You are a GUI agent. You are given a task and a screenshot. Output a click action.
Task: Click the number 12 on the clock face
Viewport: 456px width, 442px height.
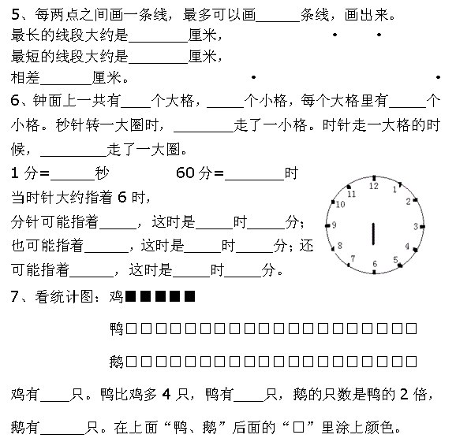[374, 186]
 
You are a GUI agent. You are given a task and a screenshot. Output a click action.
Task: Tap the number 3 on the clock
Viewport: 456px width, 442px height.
[416, 227]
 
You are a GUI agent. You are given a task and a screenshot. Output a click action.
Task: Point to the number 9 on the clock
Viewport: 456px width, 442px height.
[334, 225]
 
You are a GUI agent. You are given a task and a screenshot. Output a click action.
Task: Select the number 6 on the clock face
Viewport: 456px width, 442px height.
[375, 264]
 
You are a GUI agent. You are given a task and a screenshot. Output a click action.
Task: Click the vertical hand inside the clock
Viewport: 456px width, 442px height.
[374, 234]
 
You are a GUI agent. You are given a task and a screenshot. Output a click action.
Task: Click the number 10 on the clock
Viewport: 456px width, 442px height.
[340, 204]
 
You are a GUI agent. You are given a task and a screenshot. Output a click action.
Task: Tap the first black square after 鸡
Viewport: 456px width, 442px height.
[131, 296]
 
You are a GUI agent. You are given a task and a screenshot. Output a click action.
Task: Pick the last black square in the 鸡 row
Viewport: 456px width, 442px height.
[189, 296]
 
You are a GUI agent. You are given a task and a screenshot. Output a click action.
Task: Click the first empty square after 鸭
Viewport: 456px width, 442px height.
[131, 329]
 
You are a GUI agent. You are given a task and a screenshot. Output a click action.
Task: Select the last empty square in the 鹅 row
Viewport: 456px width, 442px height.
[411, 362]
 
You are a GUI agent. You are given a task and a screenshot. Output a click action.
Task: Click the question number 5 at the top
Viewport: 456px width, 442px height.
[15, 14]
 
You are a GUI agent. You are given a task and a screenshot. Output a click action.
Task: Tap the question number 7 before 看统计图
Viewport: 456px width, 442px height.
[15, 296]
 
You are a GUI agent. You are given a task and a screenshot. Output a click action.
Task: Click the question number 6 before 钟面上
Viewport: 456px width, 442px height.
[15, 100]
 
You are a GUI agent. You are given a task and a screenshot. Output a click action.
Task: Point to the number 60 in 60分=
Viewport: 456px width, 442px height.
[185, 173]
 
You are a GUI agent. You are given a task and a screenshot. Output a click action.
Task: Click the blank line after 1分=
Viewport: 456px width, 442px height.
[73, 180]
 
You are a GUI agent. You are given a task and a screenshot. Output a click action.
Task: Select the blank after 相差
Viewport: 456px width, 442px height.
[66, 84]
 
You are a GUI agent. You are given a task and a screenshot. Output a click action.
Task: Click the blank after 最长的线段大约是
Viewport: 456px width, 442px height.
[158, 42]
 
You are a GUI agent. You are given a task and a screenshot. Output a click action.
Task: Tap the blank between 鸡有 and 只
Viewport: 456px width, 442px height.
[55, 401]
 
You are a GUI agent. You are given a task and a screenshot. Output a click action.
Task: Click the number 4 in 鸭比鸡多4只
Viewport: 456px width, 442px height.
[166, 395]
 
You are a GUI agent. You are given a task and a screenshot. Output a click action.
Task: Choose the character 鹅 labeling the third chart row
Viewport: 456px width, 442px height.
[117, 362]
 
